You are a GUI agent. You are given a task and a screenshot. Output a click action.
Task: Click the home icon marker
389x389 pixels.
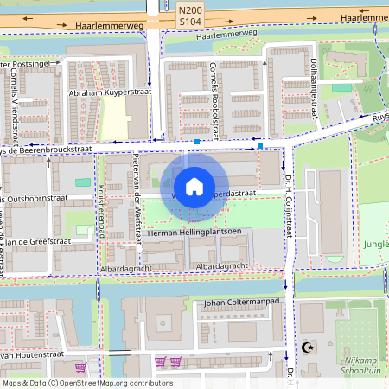tap(194, 186)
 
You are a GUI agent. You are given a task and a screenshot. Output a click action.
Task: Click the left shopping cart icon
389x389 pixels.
tap(160, 361)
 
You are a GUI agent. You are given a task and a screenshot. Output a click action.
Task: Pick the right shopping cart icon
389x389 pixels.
tap(175, 361)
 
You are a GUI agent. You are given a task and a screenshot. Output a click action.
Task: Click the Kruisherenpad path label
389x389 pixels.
tap(101, 211)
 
